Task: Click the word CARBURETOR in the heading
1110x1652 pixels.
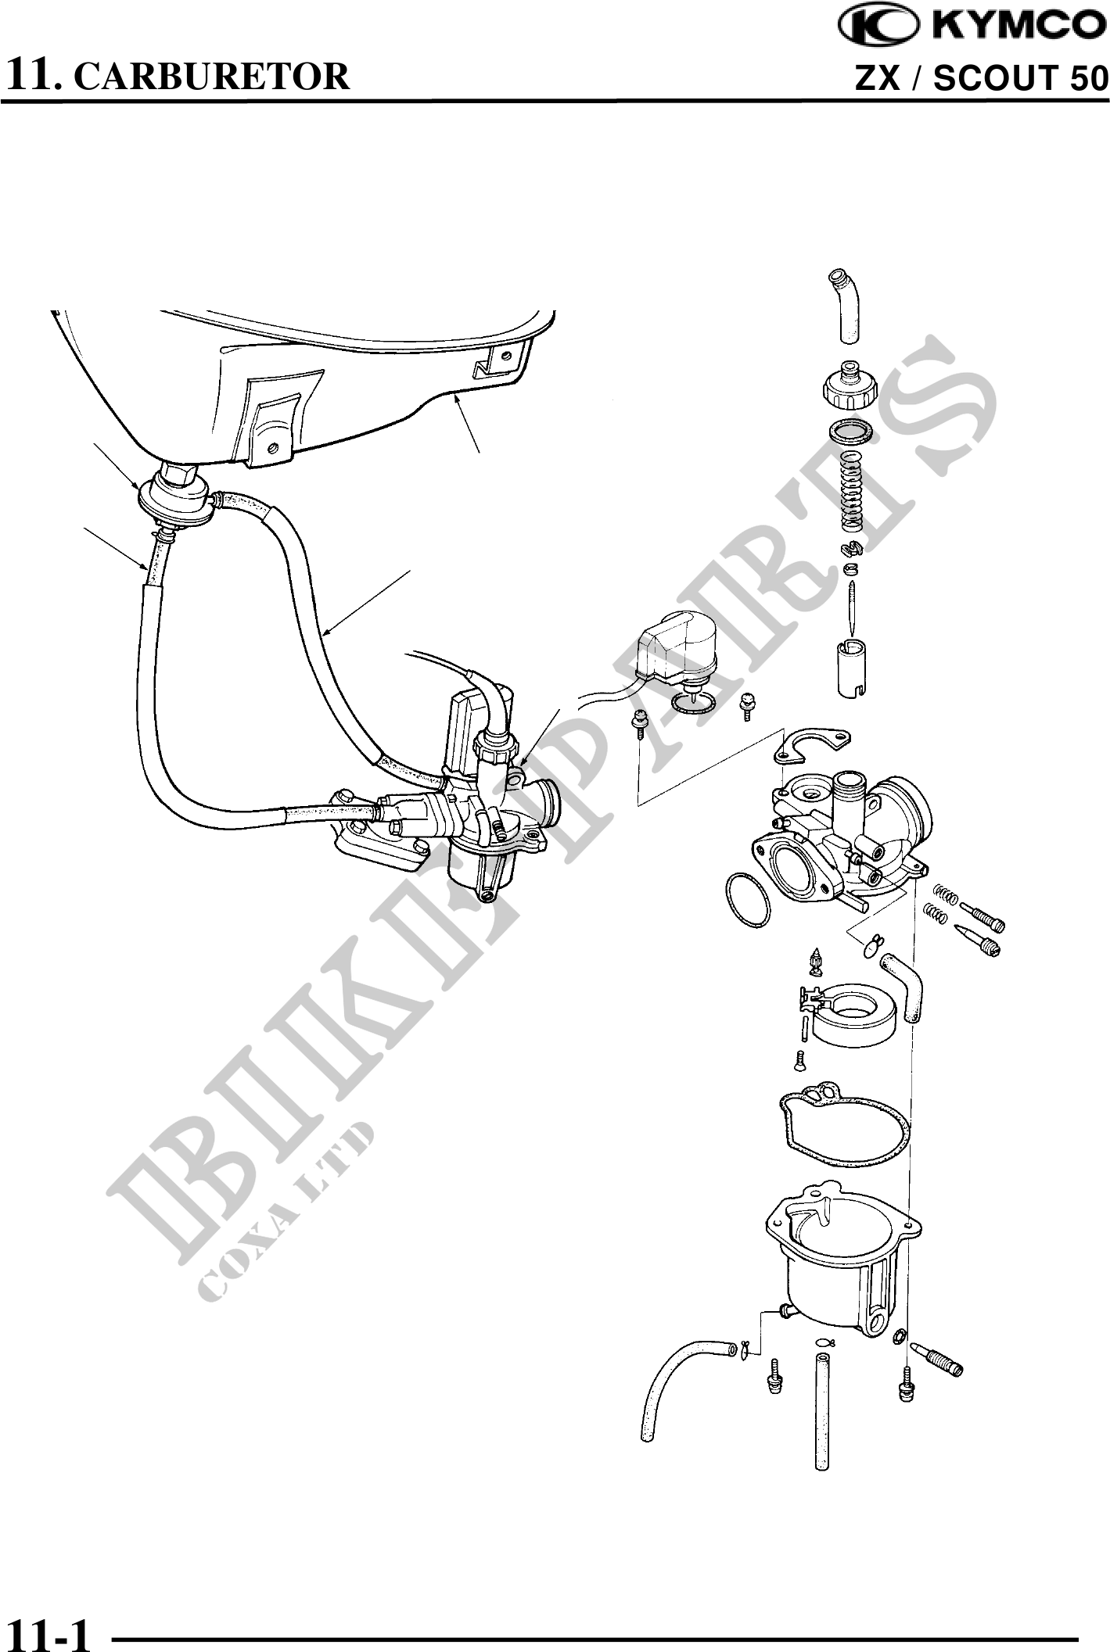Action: click(216, 76)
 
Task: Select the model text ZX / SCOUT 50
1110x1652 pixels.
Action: click(982, 78)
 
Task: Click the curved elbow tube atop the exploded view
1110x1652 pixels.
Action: click(848, 305)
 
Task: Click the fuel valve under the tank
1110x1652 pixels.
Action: click(175, 493)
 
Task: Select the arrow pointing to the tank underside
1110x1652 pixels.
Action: click(468, 424)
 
